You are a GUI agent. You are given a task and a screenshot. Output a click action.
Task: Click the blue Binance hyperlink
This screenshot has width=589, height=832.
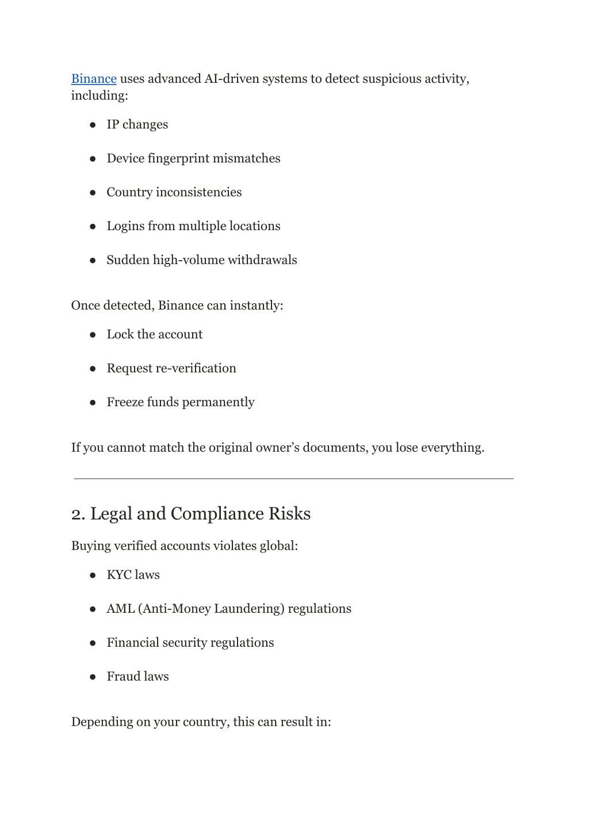(94, 79)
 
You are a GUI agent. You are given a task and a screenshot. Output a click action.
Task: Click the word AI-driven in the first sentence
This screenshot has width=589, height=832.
(231, 79)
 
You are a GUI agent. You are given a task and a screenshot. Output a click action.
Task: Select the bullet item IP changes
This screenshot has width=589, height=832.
(137, 125)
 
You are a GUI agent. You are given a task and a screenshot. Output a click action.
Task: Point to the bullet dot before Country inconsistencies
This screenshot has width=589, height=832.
(93, 193)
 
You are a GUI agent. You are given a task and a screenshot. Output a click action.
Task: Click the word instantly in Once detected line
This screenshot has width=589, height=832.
(256, 306)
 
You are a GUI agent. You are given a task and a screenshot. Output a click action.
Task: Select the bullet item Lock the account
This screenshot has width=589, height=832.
(154, 335)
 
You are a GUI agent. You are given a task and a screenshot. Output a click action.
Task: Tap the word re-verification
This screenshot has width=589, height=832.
(196, 369)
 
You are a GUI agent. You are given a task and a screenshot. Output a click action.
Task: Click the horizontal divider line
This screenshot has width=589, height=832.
(293, 478)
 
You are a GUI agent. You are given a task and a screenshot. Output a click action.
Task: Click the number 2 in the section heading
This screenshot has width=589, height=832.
(78, 514)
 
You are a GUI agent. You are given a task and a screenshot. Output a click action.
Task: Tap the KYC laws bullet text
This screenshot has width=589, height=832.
(133, 575)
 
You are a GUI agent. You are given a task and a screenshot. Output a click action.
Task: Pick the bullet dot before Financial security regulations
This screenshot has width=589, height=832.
(93, 643)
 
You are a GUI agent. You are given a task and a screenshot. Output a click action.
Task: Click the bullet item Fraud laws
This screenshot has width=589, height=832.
(137, 677)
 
